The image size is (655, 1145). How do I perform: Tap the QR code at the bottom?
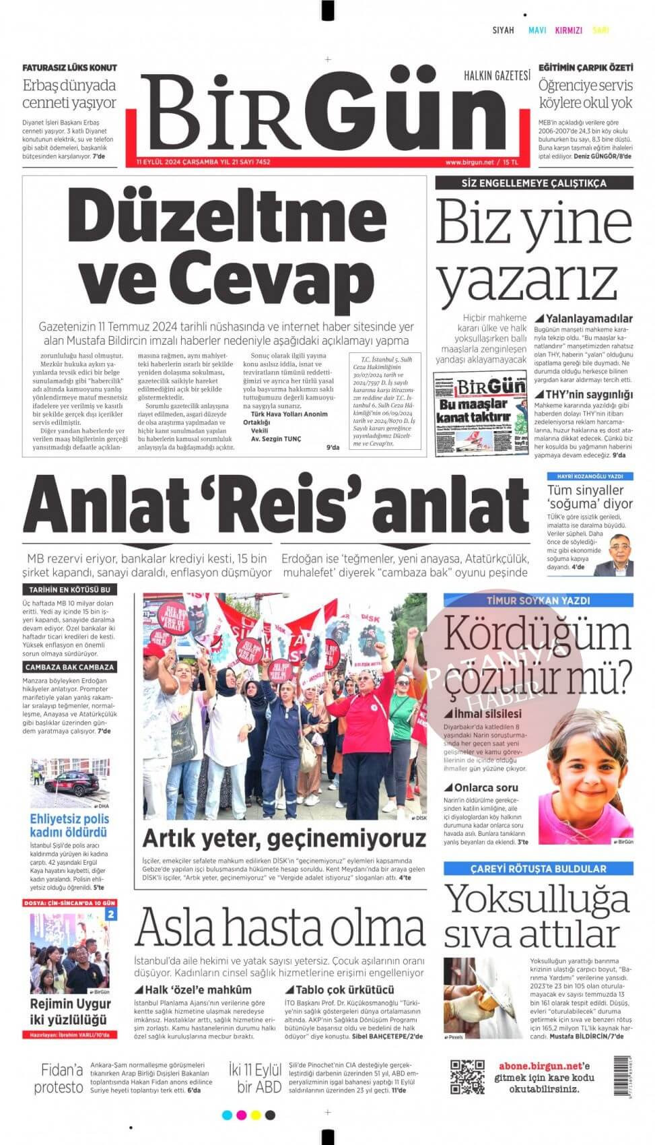point(467,1076)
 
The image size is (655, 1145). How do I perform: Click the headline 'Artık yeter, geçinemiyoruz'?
point(284,839)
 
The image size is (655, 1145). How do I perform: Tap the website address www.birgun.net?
point(469,162)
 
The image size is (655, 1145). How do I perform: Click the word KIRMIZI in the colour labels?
point(568,30)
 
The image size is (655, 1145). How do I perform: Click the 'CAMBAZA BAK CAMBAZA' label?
point(69,667)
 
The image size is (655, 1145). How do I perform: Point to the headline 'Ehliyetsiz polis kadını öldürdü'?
point(69,826)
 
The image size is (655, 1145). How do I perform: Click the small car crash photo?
point(69,783)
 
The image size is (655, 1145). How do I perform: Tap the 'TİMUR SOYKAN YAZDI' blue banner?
point(538,600)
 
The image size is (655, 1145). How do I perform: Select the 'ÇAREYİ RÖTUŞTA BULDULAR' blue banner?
point(538,869)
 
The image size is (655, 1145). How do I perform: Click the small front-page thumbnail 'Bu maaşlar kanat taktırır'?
point(480,415)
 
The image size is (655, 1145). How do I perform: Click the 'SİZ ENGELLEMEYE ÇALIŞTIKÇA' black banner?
point(534,183)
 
